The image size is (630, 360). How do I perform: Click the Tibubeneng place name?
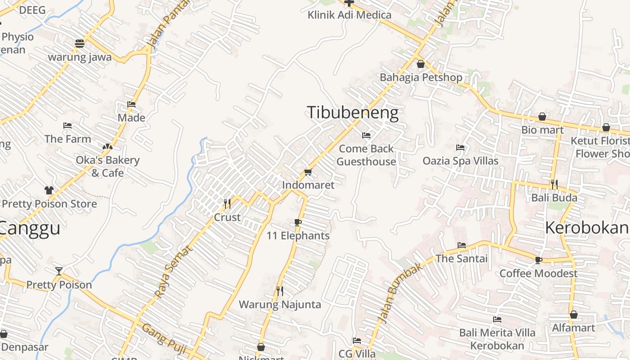(352, 112)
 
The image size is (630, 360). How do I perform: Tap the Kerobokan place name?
(587, 228)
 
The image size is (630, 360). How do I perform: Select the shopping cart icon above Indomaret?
(308, 172)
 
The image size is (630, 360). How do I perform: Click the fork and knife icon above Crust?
(227, 204)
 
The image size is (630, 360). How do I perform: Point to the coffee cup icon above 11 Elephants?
(297, 222)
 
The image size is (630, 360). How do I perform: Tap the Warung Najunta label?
(280, 305)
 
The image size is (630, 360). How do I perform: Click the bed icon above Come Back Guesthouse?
(366, 135)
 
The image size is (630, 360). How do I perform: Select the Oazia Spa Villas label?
(460, 161)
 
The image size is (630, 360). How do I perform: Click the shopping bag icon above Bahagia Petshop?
(421, 64)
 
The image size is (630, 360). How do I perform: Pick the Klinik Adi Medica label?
(349, 15)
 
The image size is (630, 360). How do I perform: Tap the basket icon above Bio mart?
(543, 117)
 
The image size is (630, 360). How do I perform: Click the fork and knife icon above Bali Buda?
(554, 184)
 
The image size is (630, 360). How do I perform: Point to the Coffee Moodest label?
(538, 273)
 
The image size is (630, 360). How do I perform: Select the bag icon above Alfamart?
(573, 315)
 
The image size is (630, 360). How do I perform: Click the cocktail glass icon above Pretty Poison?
(59, 271)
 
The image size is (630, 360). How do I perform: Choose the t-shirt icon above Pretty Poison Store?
(49, 190)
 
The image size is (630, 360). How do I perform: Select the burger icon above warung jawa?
(80, 44)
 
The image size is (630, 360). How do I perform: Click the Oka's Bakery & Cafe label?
(108, 166)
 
